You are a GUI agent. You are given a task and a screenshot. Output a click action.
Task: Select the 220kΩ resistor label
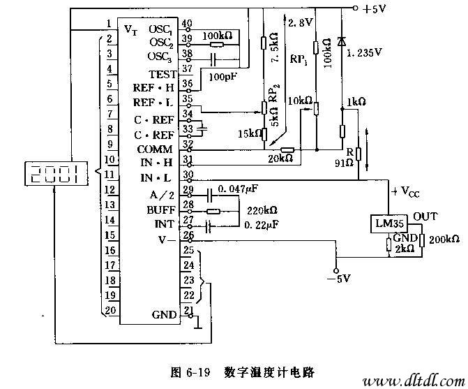click(262, 210)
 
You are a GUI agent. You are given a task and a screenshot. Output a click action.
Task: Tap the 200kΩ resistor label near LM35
click(444, 240)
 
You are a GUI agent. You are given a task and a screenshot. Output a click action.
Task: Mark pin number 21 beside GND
click(187, 310)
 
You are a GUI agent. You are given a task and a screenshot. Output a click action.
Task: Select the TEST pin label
click(163, 74)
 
